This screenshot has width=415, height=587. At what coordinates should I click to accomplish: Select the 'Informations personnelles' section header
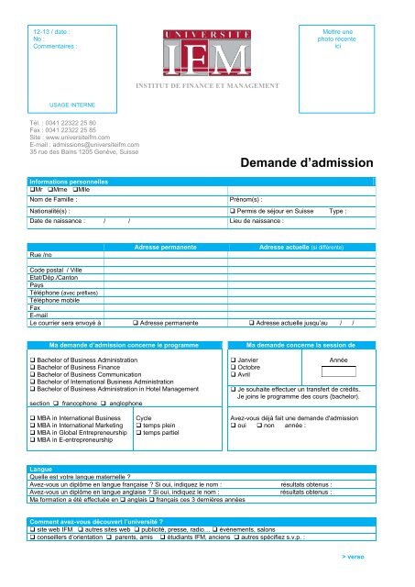coord(70,183)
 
